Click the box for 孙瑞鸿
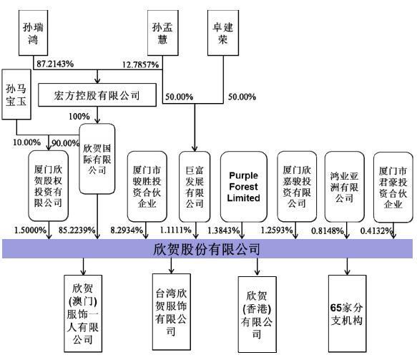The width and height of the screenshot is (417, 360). tap(33, 33)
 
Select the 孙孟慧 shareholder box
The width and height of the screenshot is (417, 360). tap(163, 33)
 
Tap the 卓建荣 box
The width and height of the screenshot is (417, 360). tap(223, 33)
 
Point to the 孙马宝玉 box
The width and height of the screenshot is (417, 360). tap(16, 94)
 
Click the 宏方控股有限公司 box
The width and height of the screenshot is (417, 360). tap(97, 95)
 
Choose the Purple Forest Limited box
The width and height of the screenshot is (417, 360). tap(244, 187)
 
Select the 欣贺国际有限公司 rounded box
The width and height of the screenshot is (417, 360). tap(97, 159)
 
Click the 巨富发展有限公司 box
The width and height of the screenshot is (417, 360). tap(195, 187)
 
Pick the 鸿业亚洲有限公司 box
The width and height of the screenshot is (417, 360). tap(344, 187)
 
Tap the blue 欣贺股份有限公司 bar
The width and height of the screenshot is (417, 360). tap(207, 248)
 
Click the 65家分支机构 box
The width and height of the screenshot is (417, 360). tap(347, 313)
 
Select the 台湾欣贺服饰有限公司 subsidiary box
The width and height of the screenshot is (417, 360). tap(171, 312)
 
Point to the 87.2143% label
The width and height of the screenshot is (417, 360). tap(55, 64)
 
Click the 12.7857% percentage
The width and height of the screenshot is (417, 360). tap(140, 64)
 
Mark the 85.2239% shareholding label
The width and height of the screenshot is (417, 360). tap(77, 230)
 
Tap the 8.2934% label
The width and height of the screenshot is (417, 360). tap(127, 230)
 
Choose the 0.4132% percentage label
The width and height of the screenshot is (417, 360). tap(376, 231)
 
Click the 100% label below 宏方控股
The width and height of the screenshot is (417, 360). tap(79, 117)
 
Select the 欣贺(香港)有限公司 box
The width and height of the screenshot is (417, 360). tap(257, 314)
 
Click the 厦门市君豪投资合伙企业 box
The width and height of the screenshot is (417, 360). tap(393, 188)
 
